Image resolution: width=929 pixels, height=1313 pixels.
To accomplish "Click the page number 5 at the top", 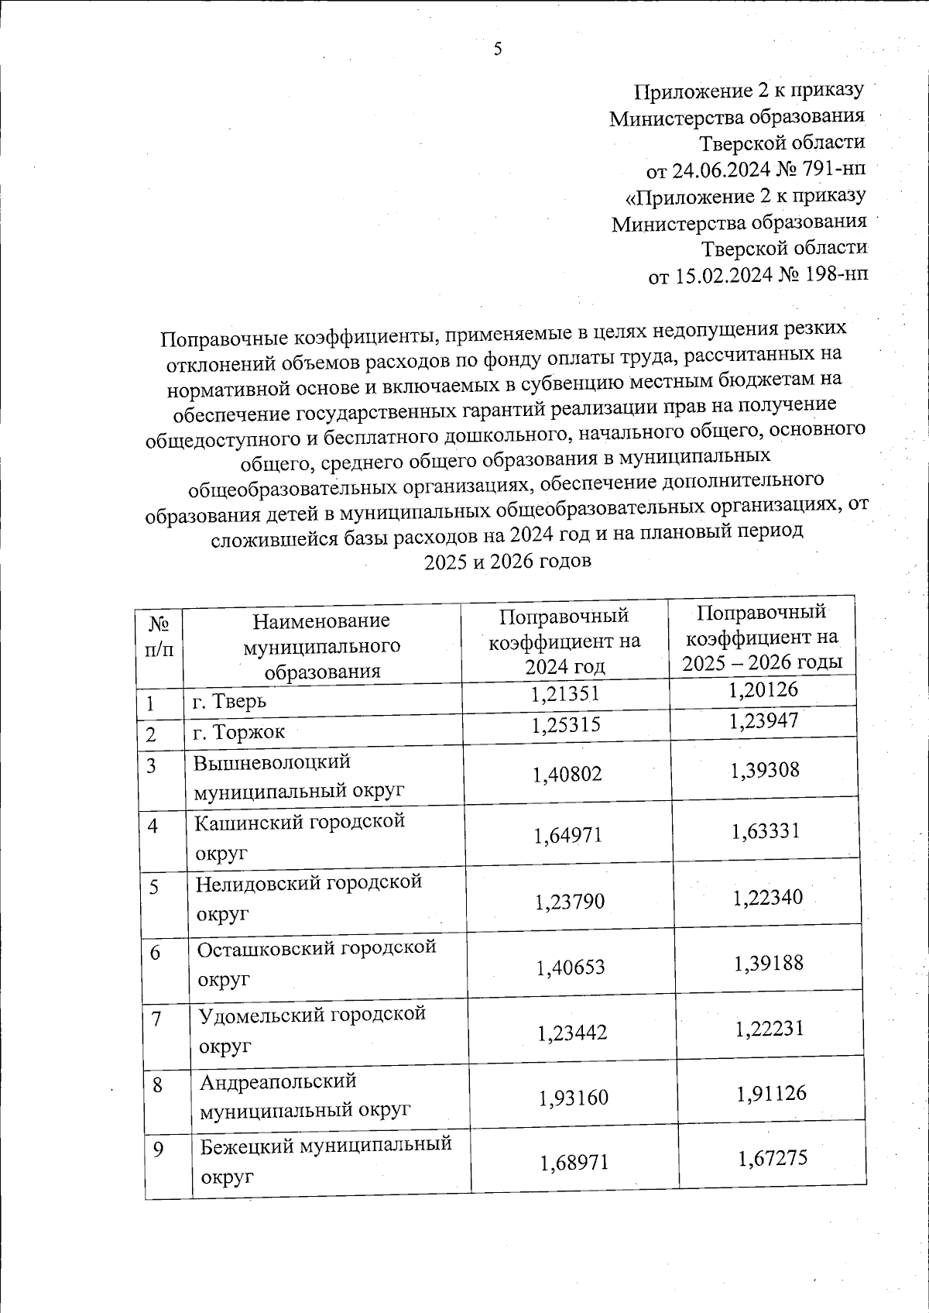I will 498,49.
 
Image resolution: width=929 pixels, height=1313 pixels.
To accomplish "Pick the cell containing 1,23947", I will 763,722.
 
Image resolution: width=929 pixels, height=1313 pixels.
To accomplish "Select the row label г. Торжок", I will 238,730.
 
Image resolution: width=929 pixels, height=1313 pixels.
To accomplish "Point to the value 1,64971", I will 568,835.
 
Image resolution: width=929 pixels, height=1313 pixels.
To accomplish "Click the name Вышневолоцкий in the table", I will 271,762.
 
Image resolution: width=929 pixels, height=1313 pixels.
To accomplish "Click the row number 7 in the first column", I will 157,1019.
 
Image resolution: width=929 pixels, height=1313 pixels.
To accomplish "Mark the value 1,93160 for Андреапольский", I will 573,1098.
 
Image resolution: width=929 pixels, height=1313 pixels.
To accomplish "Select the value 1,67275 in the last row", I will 773,1158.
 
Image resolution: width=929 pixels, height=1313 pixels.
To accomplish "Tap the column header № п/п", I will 159,636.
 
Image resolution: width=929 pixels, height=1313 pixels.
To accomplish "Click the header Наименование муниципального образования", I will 322,645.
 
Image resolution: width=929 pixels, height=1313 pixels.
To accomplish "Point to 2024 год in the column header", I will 564,666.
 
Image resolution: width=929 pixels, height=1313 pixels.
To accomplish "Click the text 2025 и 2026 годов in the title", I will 507,561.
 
